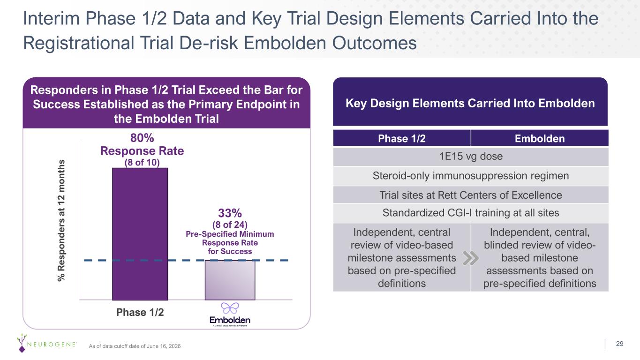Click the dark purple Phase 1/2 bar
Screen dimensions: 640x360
(140, 234)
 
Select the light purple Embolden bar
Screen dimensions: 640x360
(230, 280)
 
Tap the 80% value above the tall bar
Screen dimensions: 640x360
(142, 138)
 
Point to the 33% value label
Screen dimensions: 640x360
(230, 213)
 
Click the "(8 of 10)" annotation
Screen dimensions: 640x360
(142, 162)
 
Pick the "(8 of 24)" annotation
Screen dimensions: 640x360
(230, 225)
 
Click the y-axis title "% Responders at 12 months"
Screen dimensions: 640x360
(61, 220)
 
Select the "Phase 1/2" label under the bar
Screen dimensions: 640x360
(140, 312)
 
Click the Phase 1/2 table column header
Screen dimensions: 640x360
(402, 139)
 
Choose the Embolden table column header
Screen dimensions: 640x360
(540, 139)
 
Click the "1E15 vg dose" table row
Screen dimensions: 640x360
(471, 157)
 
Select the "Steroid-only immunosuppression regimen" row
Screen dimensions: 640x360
(471, 176)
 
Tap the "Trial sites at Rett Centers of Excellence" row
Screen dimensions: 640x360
(471, 195)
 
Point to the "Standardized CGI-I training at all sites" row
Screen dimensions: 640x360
(471, 213)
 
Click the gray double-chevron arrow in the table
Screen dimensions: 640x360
(471, 258)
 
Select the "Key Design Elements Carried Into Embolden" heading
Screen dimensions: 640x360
(470, 103)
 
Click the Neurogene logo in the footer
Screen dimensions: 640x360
(46, 343)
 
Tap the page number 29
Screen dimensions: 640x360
(620, 344)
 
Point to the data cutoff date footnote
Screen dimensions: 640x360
(135, 346)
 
